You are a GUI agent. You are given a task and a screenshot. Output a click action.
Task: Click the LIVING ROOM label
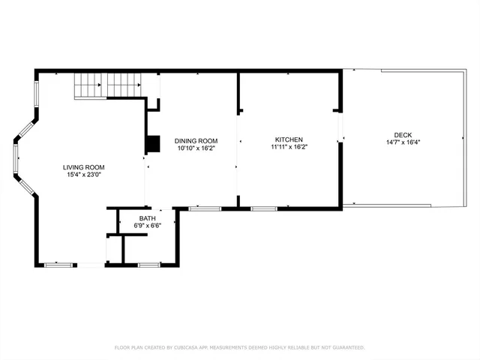click(84, 167)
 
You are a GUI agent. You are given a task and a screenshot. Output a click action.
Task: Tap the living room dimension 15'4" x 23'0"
click(84, 175)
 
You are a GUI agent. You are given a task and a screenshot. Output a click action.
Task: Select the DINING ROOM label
click(196, 140)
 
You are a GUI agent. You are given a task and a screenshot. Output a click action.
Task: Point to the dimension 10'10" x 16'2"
click(196, 148)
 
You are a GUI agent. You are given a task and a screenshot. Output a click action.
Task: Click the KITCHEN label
click(289, 140)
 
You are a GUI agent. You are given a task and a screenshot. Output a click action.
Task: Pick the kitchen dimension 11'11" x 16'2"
click(289, 148)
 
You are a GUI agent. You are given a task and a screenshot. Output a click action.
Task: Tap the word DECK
click(402, 135)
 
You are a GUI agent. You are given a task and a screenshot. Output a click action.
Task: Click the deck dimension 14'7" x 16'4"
click(402, 142)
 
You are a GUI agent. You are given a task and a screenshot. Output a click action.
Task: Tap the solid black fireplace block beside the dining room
click(153, 143)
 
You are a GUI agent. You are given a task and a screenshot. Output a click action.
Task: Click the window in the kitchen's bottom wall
click(263, 208)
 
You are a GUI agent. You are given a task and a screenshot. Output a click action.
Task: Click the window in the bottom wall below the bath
click(148, 265)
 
